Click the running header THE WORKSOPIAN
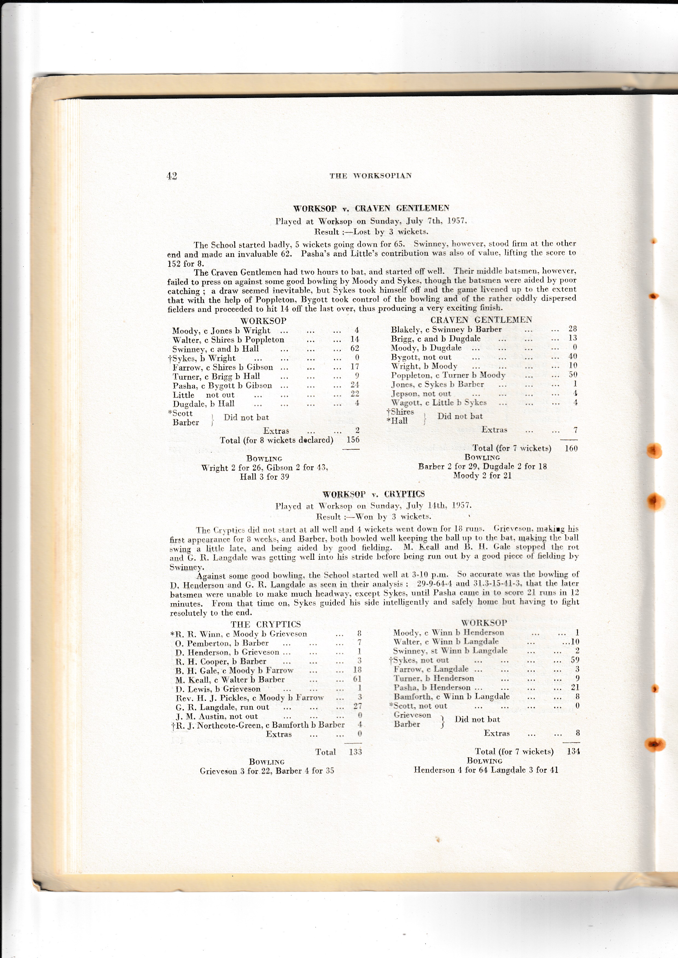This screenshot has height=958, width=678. (370, 176)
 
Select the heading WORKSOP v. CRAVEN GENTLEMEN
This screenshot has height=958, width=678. (371, 208)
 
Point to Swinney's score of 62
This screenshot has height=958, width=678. (355, 348)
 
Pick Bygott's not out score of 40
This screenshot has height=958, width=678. (572, 356)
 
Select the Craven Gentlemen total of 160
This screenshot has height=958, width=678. (571, 449)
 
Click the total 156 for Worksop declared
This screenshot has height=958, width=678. (353, 440)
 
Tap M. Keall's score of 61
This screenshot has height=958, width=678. (357, 679)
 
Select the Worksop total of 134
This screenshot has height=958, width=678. (573, 751)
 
